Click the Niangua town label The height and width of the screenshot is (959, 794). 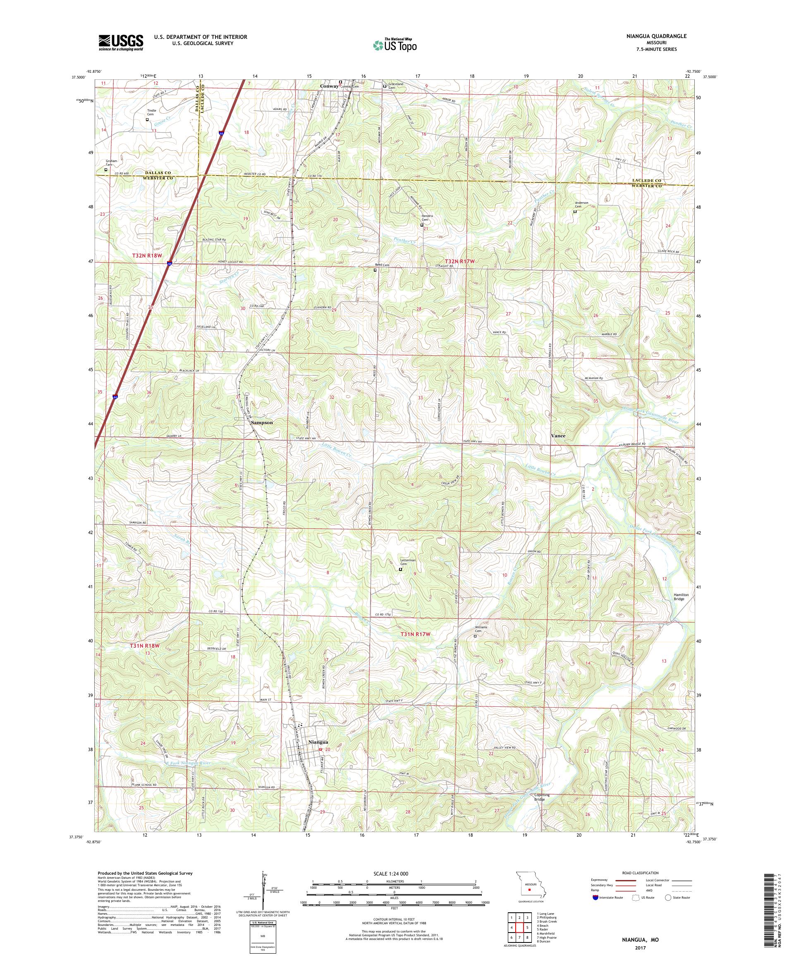(318, 742)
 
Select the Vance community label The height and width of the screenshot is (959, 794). (558, 436)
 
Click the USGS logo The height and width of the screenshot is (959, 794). (121, 43)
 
